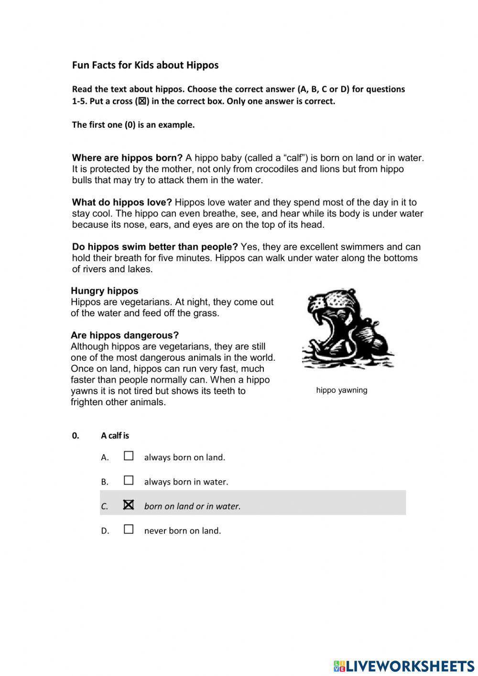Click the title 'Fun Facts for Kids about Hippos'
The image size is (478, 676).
tap(145, 65)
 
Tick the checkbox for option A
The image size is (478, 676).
tap(129, 456)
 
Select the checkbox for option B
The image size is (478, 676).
tap(129, 480)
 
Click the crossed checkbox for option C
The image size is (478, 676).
tap(129, 505)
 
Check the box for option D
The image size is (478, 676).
tap(129, 529)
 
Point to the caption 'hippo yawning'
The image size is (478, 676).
tap(341, 390)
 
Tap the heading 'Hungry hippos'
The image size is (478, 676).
tap(104, 291)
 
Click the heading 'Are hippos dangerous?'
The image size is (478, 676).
tap(124, 335)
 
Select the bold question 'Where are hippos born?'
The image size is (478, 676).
tap(127, 158)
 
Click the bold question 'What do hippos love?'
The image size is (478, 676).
tap(122, 202)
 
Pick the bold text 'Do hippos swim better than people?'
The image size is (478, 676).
tap(155, 247)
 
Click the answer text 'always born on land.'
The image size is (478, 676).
tap(185, 457)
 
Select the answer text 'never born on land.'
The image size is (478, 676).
tap(183, 531)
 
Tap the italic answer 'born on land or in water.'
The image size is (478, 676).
tap(192, 506)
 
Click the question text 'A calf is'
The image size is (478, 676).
tap(115, 436)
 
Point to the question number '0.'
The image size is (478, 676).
tap(76, 436)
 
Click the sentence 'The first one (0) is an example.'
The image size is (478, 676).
tap(133, 125)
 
